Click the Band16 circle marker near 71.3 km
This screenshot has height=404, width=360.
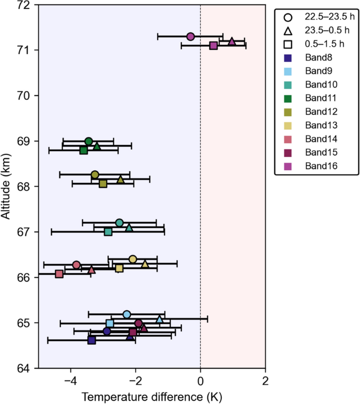(191, 36)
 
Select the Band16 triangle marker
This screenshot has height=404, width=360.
(232, 41)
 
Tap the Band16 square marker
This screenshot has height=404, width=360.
(213, 46)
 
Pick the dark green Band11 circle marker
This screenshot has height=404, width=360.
(89, 141)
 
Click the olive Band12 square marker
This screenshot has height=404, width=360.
(103, 183)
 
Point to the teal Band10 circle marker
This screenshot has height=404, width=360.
(119, 223)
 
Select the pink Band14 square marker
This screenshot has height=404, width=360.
(59, 274)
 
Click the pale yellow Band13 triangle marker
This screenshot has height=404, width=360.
(145, 264)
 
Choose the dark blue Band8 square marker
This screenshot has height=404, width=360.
(91, 340)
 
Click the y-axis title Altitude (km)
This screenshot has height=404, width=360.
(7, 186)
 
